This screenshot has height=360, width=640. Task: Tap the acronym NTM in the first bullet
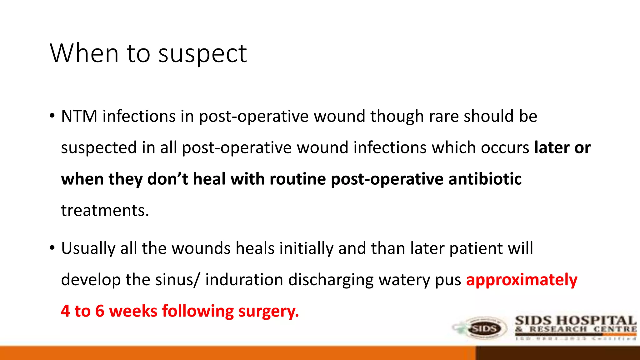click(79, 116)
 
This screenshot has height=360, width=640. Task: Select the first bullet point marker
click(52, 116)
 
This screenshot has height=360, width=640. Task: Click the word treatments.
click(105, 211)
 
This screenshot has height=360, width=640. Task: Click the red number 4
click(65, 311)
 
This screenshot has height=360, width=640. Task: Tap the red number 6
click(100, 311)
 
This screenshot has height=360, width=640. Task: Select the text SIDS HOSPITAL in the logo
click(575, 321)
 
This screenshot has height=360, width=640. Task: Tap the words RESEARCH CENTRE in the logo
click(583, 329)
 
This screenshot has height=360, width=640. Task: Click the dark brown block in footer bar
click(558, 353)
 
